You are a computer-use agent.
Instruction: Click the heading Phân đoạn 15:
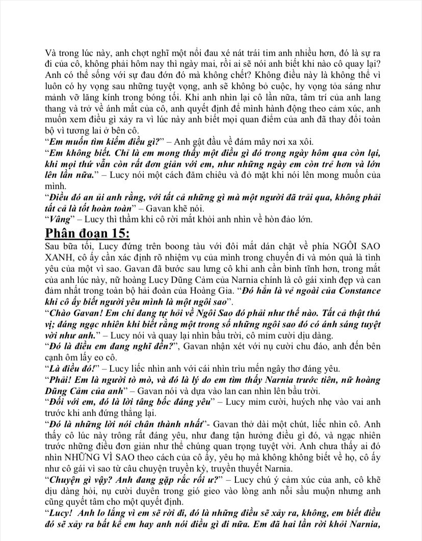point(87,234)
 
